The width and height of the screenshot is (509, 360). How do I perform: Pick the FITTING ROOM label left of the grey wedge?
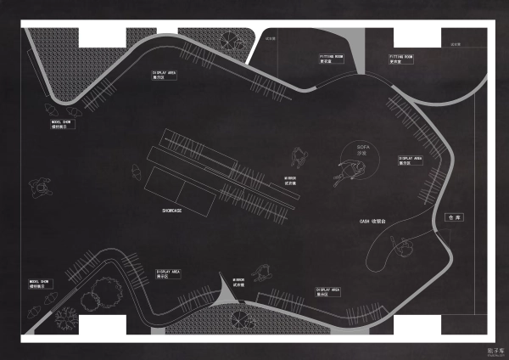[x=331, y=59]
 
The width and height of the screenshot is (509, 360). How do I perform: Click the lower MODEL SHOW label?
[x=41, y=283]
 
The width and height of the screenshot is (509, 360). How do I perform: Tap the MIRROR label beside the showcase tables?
[x=290, y=180]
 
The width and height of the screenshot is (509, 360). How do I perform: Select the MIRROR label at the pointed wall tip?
[x=240, y=282]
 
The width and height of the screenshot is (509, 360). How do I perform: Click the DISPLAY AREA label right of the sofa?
[x=411, y=160]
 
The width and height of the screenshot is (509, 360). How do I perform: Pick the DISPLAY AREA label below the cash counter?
[x=328, y=291]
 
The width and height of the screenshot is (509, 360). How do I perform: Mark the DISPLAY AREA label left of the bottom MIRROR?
[x=169, y=274]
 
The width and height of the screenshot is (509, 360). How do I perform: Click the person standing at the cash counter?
[x=406, y=246]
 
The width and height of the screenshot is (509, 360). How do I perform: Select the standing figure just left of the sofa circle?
[x=299, y=156]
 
